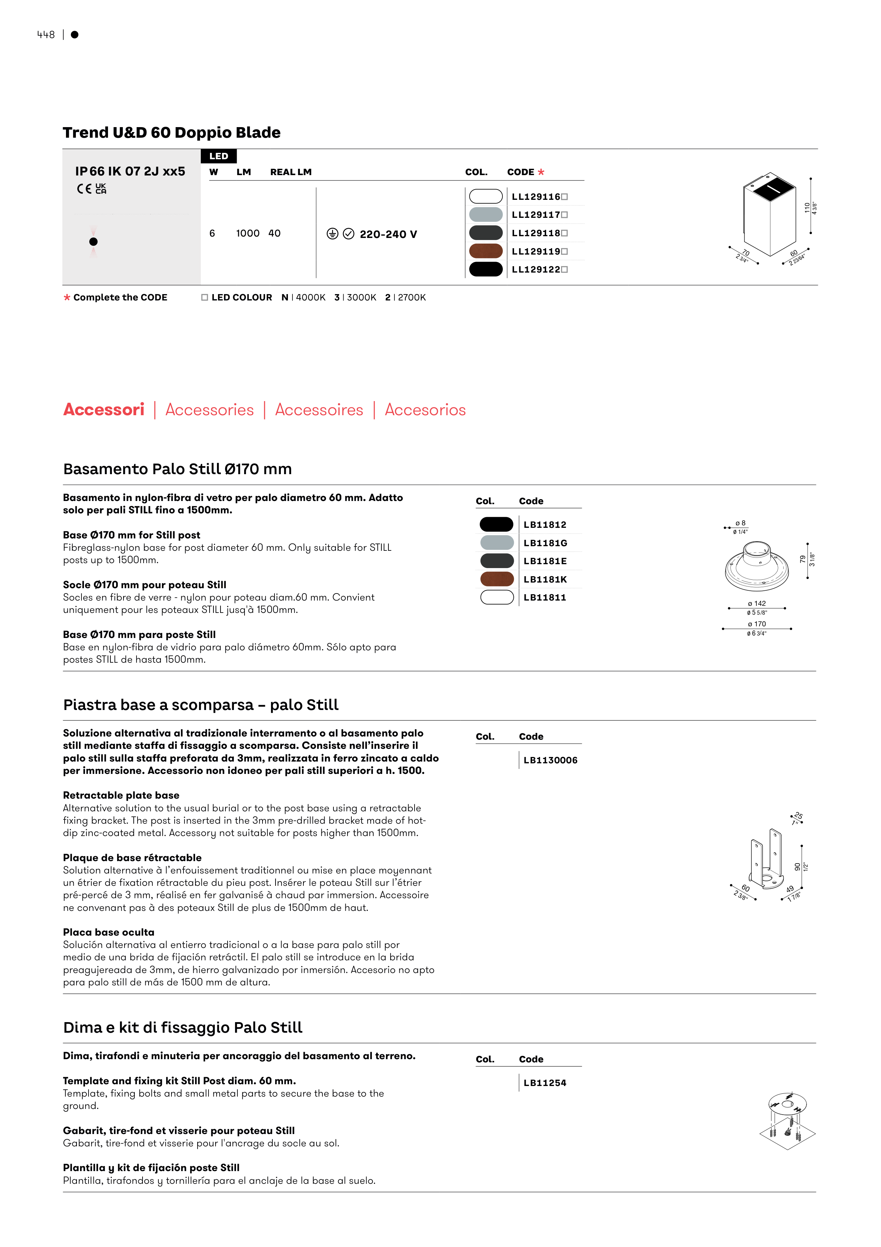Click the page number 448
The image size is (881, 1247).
pyautogui.click(x=46, y=35)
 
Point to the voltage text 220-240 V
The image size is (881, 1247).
pyautogui.click(x=388, y=234)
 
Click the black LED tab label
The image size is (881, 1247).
pyautogui.click(x=219, y=156)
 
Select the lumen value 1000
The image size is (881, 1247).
pyautogui.click(x=248, y=233)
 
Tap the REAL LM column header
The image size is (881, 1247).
pyautogui.click(x=291, y=172)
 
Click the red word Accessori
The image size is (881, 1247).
pyautogui.click(x=104, y=410)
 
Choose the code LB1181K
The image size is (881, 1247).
pyautogui.click(x=545, y=579)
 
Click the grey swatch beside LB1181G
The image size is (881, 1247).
pyautogui.click(x=497, y=543)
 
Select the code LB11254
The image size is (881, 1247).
pyautogui.click(x=544, y=1083)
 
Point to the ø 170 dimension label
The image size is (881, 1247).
pyautogui.click(x=757, y=624)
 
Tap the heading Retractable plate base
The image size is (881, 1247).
pyautogui.click(x=121, y=795)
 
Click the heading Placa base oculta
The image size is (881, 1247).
pyautogui.click(x=109, y=932)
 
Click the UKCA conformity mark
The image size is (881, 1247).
pyautogui.click(x=101, y=189)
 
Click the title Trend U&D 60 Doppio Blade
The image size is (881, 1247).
pyautogui.click(x=171, y=132)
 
